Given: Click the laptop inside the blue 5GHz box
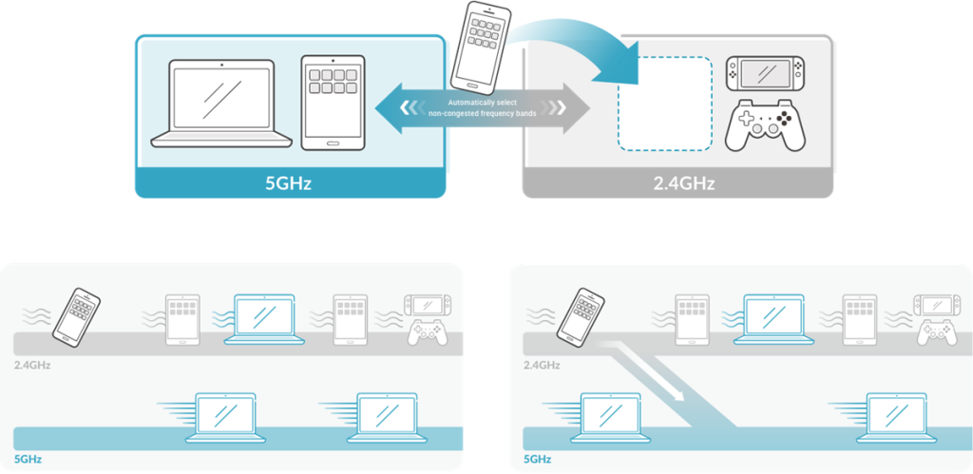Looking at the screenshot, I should tap(220, 104).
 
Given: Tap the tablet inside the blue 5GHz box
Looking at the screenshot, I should tap(332, 102).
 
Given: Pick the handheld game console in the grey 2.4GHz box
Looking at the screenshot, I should tap(764, 71).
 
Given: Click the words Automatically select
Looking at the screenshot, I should tap(484, 102).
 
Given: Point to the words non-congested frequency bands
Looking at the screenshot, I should tap(484, 113).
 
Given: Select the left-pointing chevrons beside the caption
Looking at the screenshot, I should tap(409, 107).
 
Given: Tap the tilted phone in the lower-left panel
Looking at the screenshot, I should tap(76, 315).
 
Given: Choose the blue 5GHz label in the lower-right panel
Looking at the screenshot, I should tap(538, 459).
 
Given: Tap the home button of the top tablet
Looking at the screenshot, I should tap(332, 143).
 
